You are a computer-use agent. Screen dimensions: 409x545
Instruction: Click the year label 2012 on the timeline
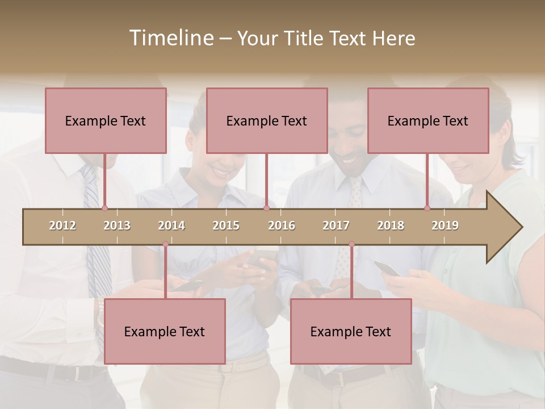tap(62, 226)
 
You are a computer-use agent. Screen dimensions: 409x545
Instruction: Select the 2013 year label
tap(117, 226)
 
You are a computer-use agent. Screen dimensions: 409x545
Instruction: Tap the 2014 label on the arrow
tap(171, 226)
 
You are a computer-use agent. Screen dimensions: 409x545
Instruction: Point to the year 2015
tap(226, 226)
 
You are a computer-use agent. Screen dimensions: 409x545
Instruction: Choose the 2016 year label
tap(282, 226)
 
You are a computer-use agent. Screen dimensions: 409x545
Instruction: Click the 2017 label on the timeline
tap(336, 226)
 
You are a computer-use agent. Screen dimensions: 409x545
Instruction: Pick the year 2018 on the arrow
tap(391, 226)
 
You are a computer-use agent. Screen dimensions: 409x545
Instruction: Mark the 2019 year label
tap(445, 226)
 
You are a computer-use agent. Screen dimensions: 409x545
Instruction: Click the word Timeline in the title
tap(170, 38)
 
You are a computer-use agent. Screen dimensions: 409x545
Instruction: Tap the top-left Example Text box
tap(106, 120)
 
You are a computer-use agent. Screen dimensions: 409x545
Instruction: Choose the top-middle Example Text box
tap(267, 120)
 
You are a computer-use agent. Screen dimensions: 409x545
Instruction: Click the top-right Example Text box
tap(428, 120)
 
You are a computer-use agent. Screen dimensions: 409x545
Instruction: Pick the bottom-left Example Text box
tap(165, 331)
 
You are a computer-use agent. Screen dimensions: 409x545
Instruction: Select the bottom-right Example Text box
tap(351, 331)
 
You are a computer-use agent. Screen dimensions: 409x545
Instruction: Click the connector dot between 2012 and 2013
tap(104, 208)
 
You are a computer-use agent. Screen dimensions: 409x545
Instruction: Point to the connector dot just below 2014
tap(165, 244)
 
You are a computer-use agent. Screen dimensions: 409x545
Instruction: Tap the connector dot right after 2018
tap(427, 208)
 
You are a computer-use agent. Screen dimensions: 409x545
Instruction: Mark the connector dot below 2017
tap(351, 244)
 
